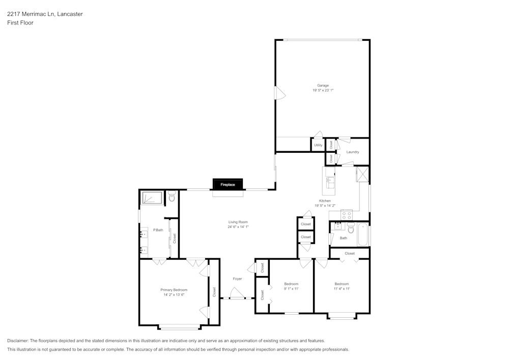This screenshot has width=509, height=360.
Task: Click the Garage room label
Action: pos(323,86)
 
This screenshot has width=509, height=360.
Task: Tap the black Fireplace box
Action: pos(228,185)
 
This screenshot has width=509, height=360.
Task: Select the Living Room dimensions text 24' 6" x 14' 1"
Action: pos(238,227)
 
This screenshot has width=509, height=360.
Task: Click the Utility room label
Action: pos(318,145)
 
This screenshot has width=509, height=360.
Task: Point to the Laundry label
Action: pos(353,152)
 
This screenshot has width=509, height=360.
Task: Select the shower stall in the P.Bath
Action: pos(151,198)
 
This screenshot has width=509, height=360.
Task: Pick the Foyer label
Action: pos(237,279)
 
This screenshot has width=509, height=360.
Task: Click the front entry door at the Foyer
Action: pos(236,294)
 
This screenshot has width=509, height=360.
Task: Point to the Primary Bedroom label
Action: pos(174,290)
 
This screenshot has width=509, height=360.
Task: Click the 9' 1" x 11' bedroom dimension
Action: pos(291,289)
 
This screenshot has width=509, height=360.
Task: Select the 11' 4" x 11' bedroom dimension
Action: pos(342,289)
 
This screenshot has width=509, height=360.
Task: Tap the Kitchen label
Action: pos(325,201)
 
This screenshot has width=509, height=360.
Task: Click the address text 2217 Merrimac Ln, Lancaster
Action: pos(45,14)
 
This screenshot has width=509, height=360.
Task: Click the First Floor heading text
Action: pos(20,23)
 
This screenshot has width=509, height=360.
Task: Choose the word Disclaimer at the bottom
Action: pos(18,341)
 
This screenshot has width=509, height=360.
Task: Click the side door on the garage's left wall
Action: pos(279,93)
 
